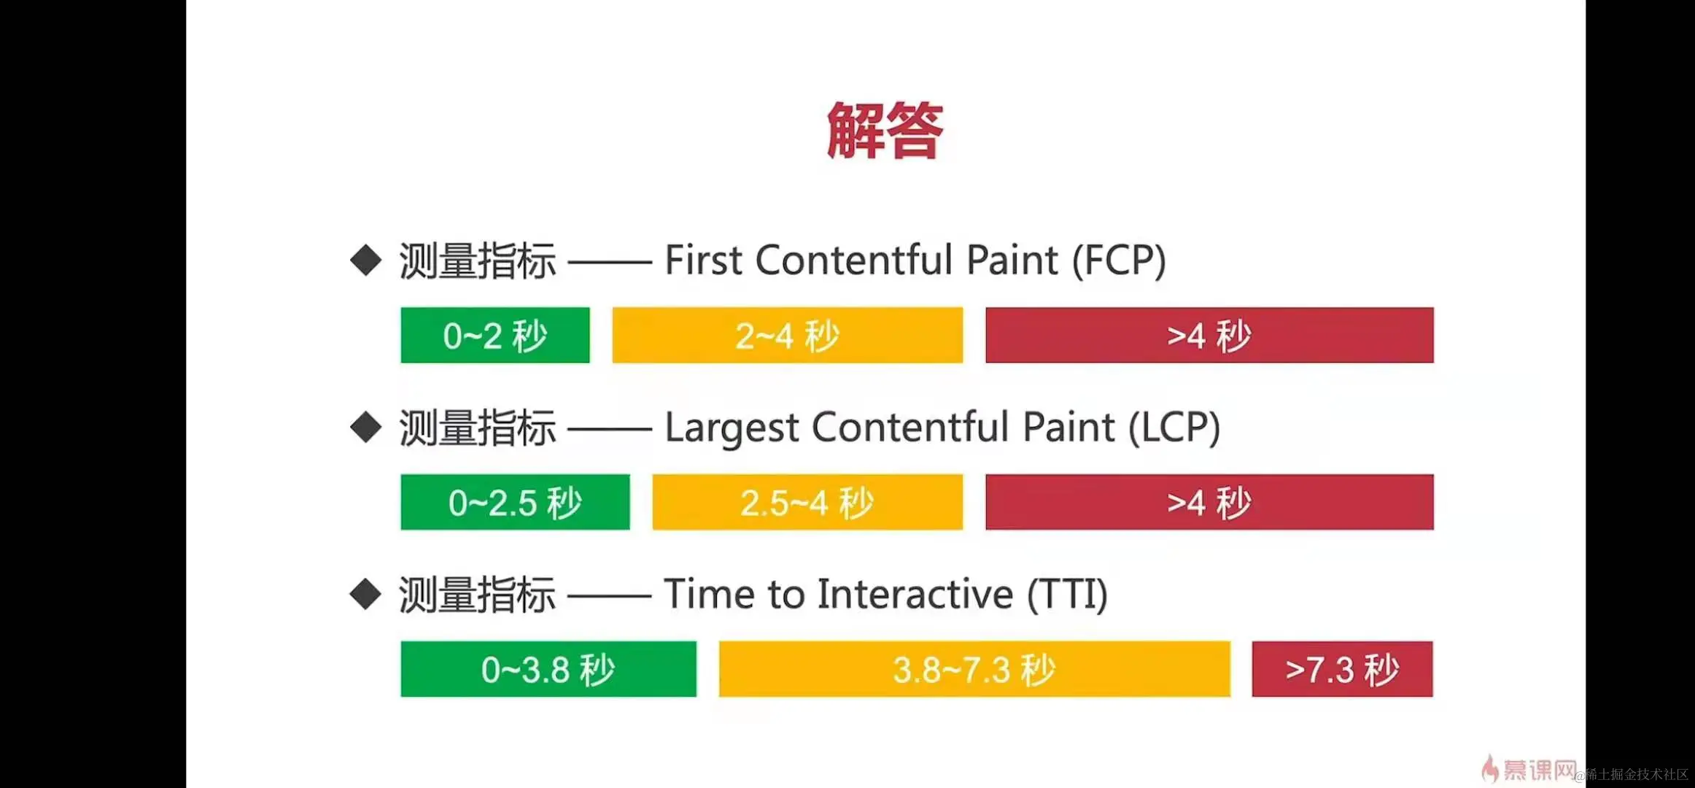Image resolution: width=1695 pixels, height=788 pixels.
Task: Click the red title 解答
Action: (885, 131)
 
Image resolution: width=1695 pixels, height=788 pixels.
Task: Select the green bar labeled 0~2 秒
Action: (494, 336)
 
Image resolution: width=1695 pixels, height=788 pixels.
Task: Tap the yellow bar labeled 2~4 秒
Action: (787, 336)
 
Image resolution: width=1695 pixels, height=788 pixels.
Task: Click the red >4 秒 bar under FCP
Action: (1209, 336)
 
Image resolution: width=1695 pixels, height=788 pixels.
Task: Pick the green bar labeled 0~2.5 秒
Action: (515, 503)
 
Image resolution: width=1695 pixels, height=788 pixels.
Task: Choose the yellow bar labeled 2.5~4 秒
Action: (807, 503)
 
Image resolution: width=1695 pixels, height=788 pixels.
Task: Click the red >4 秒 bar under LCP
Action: (1209, 503)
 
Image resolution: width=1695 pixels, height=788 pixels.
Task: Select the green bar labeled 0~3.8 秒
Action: (548, 669)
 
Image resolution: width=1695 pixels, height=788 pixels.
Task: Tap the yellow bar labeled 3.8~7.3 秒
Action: (974, 669)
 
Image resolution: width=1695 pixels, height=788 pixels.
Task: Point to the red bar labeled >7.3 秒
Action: (1342, 669)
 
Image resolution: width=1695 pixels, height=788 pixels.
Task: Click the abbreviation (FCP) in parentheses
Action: (1119, 260)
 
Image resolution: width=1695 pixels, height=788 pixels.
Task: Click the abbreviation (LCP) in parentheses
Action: (1174, 428)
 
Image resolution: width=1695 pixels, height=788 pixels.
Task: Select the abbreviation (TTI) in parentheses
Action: (1067, 595)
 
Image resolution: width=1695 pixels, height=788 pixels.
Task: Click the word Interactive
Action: (915, 594)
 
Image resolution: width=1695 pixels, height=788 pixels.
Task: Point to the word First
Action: (703, 260)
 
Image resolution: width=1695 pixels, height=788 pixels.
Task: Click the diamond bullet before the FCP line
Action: (365, 260)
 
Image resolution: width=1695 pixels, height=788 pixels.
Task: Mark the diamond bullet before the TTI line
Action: (365, 594)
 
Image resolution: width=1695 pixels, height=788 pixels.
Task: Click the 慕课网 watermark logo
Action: (1528, 770)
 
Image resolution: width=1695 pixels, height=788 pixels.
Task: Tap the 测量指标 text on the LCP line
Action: (478, 428)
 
